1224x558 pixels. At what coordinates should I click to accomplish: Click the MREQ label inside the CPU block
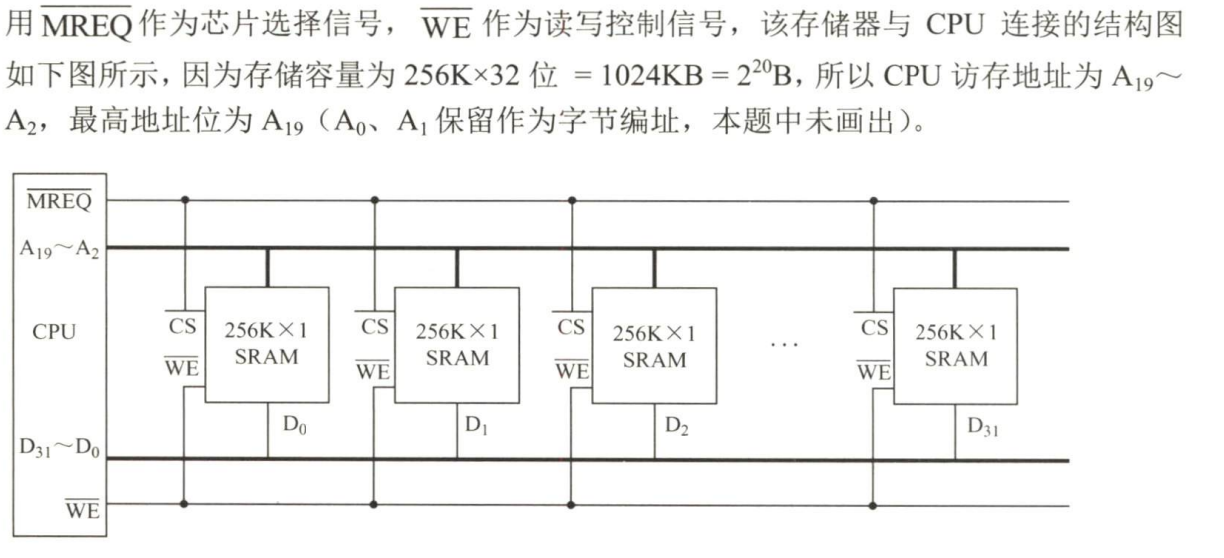pyautogui.click(x=58, y=201)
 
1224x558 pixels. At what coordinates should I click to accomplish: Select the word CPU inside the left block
pyautogui.click(x=54, y=332)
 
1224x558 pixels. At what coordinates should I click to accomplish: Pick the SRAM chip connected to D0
pyautogui.click(x=267, y=344)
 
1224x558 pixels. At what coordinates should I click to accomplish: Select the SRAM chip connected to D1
pyautogui.click(x=457, y=344)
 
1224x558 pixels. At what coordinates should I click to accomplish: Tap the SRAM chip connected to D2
pyautogui.click(x=654, y=345)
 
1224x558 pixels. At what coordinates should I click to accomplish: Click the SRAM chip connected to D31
pyautogui.click(x=955, y=345)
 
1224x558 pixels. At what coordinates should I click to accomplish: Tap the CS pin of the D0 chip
pyautogui.click(x=183, y=325)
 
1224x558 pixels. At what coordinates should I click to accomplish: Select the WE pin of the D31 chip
pyautogui.click(x=873, y=370)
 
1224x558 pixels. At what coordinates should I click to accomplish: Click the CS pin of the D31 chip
pyautogui.click(x=874, y=326)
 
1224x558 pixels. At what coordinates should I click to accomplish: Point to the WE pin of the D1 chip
pyautogui.click(x=373, y=370)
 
